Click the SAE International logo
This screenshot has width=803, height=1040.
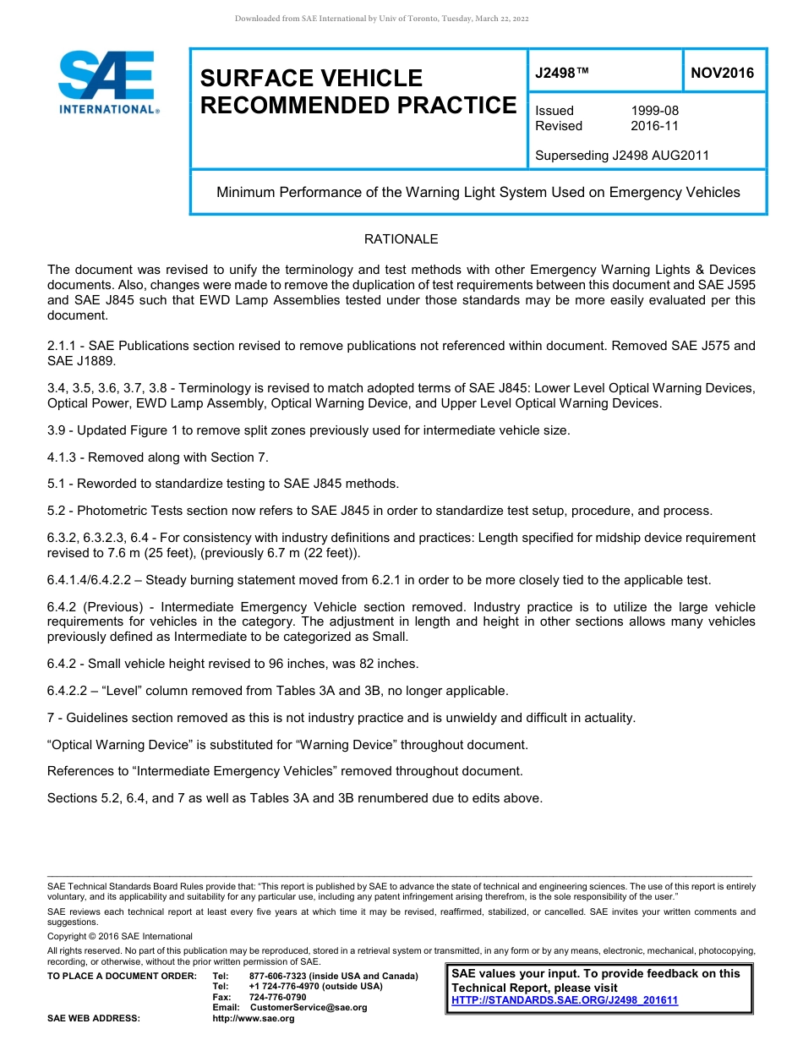tap(107, 83)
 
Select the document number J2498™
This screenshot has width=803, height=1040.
tap(561, 74)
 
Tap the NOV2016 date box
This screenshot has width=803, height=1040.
tap(723, 74)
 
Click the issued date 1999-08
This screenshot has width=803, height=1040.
tap(654, 111)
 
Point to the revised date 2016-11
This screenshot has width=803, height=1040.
tap(654, 126)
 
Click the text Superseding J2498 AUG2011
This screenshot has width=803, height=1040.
tap(622, 156)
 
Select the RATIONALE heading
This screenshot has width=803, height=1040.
tap(401, 239)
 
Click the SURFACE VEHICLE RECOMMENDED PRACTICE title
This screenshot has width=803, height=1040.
tap(358, 91)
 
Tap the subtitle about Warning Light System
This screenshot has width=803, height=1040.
tap(478, 192)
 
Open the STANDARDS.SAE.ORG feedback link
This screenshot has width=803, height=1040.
tap(565, 1000)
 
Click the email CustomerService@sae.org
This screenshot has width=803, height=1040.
tap(309, 1007)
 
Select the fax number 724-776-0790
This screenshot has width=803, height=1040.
tap(277, 997)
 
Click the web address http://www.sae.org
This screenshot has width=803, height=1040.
tap(254, 1018)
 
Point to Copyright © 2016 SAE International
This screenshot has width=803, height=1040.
tap(120, 936)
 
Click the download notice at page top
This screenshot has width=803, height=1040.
tap(381, 19)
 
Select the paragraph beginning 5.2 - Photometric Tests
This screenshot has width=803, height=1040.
tap(380, 511)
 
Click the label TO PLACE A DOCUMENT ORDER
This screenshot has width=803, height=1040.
tap(122, 977)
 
